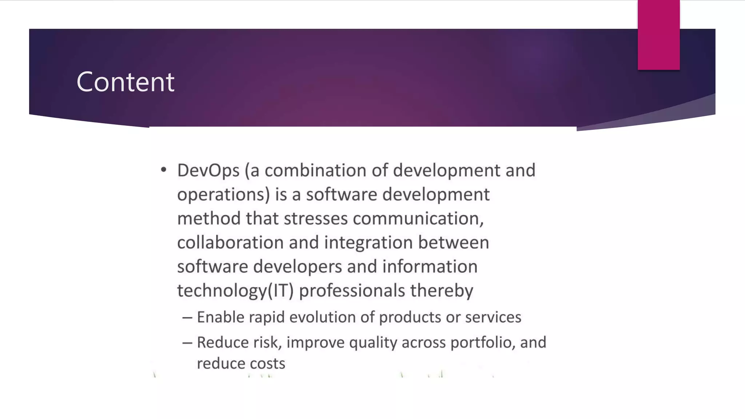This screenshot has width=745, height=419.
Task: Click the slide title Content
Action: (x=126, y=82)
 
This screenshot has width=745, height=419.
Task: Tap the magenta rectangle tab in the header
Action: (x=658, y=35)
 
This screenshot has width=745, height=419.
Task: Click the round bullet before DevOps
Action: (x=164, y=169)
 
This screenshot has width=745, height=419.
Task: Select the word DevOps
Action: (x=208, y=171)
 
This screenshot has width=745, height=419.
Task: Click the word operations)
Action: (x=223, y=195)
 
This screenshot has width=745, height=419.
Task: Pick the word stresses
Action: (x=315, y=219)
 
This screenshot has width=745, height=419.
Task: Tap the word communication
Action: (x=418, y=219)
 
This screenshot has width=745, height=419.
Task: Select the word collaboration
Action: (x=230, y=243)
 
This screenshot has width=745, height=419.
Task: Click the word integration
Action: (x=368, y=243)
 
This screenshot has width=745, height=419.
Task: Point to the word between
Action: (x=453, y=243)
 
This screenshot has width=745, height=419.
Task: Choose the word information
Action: (x=430, y=267)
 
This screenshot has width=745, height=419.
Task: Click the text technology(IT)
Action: (x=235, y=291)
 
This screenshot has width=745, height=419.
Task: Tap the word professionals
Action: (x=352, y=291)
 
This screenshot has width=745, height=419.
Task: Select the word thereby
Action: (x=442, y=291)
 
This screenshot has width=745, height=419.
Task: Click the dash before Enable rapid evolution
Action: (x=187, y=318)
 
